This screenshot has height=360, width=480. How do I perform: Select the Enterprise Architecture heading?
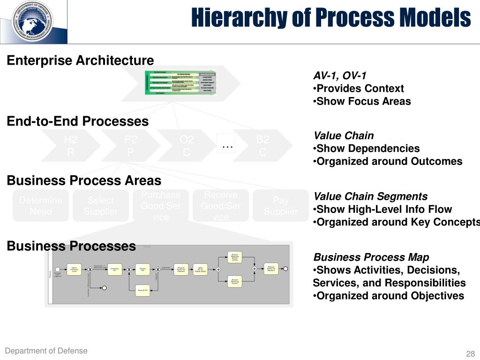pos(80,60)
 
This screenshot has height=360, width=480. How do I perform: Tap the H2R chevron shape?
pos(71,146)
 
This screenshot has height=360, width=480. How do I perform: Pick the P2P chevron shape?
pos(131,146)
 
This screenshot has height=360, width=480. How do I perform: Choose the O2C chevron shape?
pos(187,146)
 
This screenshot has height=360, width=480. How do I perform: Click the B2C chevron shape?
pos(262,146)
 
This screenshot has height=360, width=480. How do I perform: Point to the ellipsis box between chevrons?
pos(228,145)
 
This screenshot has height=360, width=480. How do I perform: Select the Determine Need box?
pos(41,206)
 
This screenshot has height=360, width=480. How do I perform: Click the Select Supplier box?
pos(101,206)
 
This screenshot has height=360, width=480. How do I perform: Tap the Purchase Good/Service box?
pos(161,206)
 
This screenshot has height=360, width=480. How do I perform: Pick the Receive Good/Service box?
pos(221,206)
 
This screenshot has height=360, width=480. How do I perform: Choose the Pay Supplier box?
pos(281,206)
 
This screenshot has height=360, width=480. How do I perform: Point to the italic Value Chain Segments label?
pos(370,196)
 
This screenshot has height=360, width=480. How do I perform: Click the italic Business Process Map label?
pos(371,257)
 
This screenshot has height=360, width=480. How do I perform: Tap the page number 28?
pos(470,354)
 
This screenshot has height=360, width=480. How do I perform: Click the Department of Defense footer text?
pos(46,351)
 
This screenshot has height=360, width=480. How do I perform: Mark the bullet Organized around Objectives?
pos(388,296)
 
